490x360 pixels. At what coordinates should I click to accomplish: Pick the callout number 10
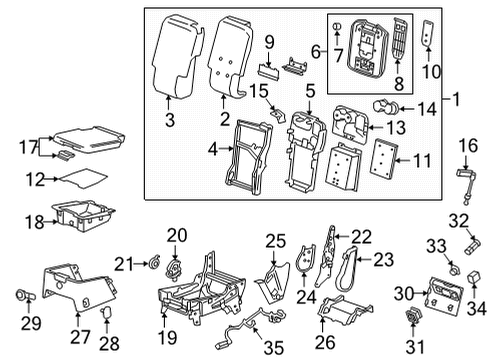tap(434, 73)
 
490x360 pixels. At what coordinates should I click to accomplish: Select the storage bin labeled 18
tap(85, 217)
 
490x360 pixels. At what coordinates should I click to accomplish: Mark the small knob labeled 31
tap(412, 318)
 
